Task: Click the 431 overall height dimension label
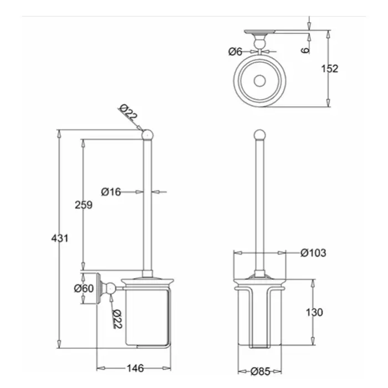click(x=60, y=238)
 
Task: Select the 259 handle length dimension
click(x=83, y=204)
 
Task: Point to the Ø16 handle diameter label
click(x=111, y=192)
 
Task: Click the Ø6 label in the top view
click(x=236, y=52)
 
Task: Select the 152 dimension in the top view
click(x=329, y=69)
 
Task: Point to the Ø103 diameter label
click(x=313, y=253)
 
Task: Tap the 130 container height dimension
click(x=314, y=313)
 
